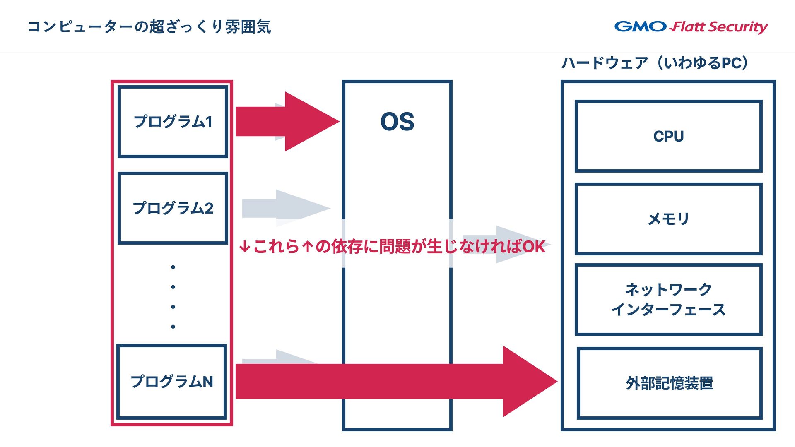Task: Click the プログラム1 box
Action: click(173, 122)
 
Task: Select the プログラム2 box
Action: click(173, 208)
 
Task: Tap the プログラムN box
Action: click(172, 382)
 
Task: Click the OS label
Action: click(397, 122)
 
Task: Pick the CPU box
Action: click(668, 136)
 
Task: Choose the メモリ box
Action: click(668, 219)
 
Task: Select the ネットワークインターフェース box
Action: click(668, 299)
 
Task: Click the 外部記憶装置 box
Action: click(669, 383)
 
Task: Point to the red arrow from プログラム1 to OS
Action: click(288, 121)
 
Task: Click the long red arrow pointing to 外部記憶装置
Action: click(393, 381)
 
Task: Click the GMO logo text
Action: click(640, 26)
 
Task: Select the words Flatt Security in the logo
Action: click(720, 27)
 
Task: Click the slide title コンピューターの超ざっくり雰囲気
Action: click(149, 27)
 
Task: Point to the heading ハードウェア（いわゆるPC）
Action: click(655, 63)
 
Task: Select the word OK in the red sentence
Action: click(534, 247)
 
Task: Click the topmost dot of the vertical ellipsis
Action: click(173, 267)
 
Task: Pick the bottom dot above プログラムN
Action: click(173, 327)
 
